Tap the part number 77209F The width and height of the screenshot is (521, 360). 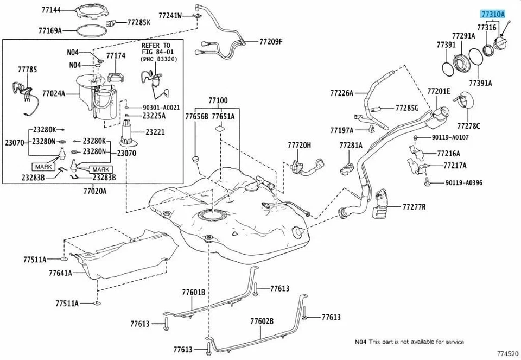pyautogui.click(x=271, y=41)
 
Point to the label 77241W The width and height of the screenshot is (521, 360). pyautogui.click(x=170, y=16)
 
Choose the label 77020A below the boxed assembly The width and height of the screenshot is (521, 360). pyautogui.click(x=95, y=191)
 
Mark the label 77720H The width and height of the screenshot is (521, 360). pyautogui.click(x=300, y=145)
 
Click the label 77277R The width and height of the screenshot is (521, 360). pyautogui.click(x=414, y=207)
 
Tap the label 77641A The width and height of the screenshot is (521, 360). pyautogui.click(x=60, y=273)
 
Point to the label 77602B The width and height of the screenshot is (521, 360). pyautogui.click(x=262, y=321)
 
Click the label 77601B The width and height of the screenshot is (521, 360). pyautogui.click(x=193, y=293)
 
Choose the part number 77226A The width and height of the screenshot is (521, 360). pyautogui.click(x=341, y=93)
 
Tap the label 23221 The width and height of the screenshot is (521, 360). pyautogui.click(x=155, y=132)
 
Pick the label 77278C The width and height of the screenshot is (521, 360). pyautogui.click(x=469, y=126)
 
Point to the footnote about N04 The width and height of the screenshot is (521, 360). pyautogui.click(x=409, y=342)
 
